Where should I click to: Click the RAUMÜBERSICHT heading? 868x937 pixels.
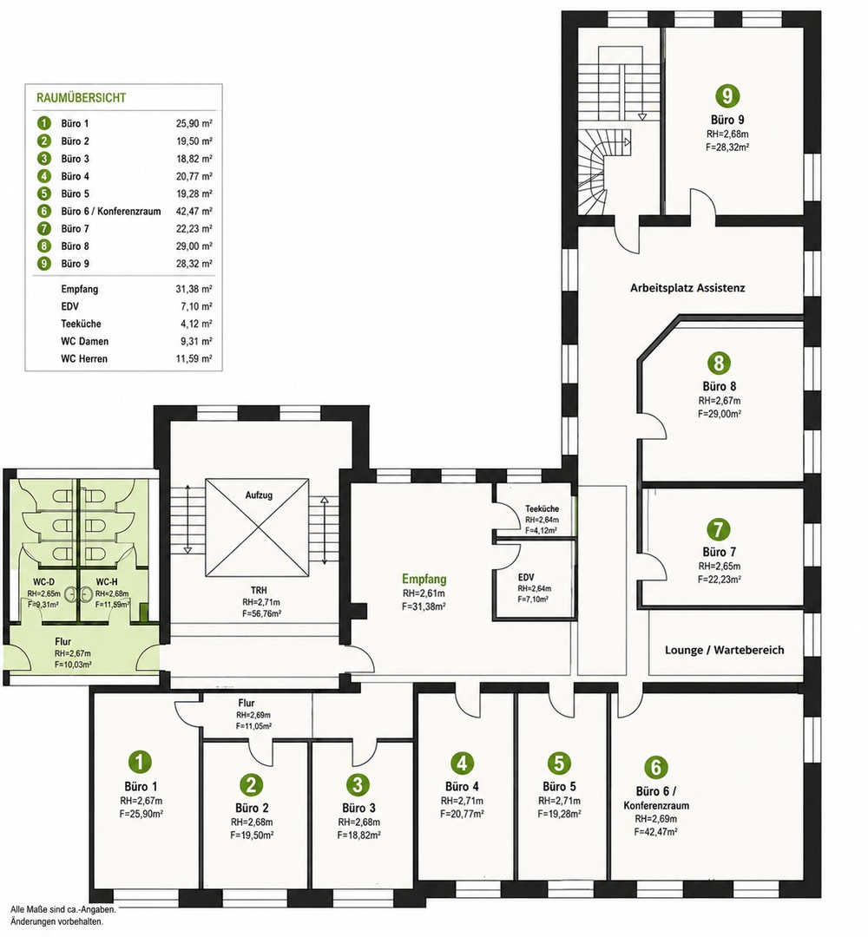(x=82, y=97)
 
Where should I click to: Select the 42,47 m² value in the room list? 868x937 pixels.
(x=194, y=211)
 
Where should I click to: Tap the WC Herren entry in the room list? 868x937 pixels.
(x=84, y=358)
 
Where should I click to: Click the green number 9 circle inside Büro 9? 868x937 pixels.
(x=727, y=95)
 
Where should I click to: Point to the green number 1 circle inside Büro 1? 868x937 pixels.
(x=140, y=762)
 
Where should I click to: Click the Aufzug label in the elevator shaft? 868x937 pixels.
(x=259, y=495)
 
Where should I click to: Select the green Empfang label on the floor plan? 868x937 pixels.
(x=424, y=579)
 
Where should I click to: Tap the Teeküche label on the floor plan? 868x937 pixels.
(x=542, y=508)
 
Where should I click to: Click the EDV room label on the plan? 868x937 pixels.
(x=526, y=577)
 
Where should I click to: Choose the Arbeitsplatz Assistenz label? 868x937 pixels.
(x=687, y=288)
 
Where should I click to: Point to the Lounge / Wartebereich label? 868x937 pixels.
(x=725, y=650)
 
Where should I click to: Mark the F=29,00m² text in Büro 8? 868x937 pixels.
(x=720, y=413)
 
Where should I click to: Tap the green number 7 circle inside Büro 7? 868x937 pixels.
(x=719, y=529)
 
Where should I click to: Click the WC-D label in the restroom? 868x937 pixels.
(x=43, y=582)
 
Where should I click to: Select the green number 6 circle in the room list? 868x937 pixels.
(x=43, y=211)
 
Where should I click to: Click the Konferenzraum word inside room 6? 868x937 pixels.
(x=656, y=805)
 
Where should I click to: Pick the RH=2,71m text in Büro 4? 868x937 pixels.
(x=462, y=801)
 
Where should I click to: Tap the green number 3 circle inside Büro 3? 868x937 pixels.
(x=358, y=783)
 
